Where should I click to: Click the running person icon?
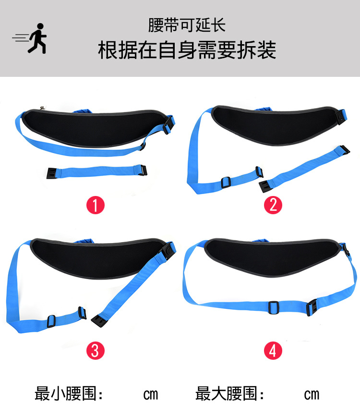coord(34,38)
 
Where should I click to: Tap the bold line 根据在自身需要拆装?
coord(187,50)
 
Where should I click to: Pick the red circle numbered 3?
coord(95,350)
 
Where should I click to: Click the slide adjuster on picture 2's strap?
coord(225,182)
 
